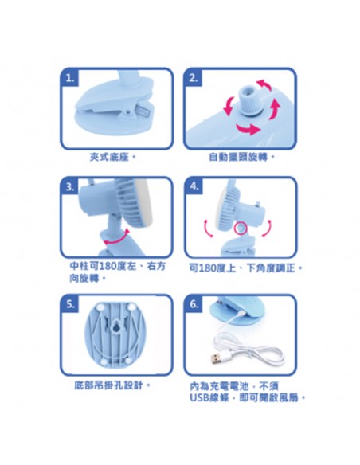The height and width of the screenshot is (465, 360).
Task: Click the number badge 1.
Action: coord(70,78)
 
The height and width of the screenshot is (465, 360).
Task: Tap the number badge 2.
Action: coord(194,78)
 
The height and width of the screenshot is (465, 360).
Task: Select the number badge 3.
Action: coord(70,187)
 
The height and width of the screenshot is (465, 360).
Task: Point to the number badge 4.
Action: coord(194,186)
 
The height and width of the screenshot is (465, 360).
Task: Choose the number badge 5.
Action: coord(70,304)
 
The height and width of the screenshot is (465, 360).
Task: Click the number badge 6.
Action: coord(194,304)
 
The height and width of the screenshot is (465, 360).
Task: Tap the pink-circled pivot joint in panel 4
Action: coord(240,228)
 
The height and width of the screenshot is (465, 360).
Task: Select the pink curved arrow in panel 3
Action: coord(116,238)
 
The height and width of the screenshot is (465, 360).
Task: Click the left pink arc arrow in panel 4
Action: coord(208,229)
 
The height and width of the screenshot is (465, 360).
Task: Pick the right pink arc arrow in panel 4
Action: coord(267,229)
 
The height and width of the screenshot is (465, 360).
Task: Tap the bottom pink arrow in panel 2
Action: coord(248,129)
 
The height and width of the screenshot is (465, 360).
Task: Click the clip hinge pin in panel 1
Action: coord(129,111)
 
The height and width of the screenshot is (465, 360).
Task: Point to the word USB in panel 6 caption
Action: coord(200,397)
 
